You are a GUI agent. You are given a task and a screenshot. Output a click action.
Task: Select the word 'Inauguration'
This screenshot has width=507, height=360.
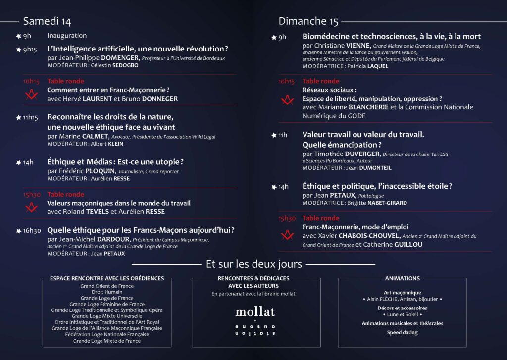coord(67,36)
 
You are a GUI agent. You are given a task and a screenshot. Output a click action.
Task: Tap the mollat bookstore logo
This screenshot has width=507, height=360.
coord(255,312)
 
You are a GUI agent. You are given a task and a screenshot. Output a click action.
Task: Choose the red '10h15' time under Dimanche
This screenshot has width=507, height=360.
coord(287,81)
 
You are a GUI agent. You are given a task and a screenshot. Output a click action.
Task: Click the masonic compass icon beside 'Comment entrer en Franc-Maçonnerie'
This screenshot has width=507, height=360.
coord(32,94)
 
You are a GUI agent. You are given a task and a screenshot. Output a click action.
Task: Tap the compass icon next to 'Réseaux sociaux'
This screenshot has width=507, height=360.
coord(287,100)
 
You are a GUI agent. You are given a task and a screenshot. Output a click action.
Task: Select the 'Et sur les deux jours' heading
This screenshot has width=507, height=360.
coord(253,264)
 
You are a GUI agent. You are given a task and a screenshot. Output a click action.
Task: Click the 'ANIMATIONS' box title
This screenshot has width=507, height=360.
coord(402,278)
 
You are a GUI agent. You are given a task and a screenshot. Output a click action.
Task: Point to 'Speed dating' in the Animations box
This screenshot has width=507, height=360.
coord(402,333)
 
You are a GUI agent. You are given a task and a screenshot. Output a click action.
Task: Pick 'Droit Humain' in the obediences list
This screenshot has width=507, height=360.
coord(107,292)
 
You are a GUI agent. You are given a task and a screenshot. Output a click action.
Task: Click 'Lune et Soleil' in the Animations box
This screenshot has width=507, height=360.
coord(402,314)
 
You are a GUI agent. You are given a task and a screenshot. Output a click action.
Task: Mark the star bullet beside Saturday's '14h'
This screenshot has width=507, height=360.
coord(18,162)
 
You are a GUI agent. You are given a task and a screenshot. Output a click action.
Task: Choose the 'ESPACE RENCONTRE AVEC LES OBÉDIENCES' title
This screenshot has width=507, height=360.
coord(107,278)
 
